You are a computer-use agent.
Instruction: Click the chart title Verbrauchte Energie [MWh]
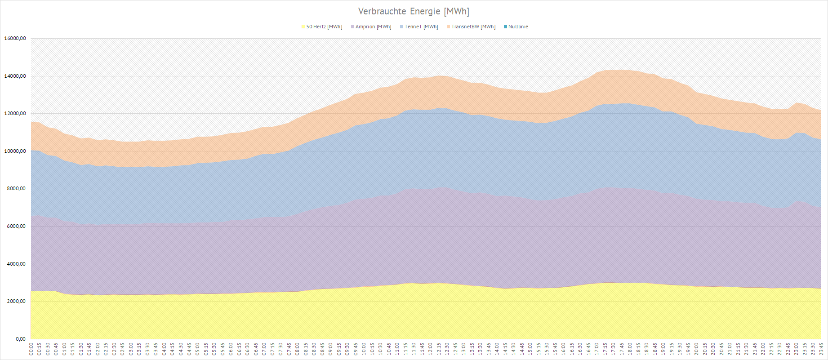point(414,11)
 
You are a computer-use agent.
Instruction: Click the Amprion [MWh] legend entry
point(373,27)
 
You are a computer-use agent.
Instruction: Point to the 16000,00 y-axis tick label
point(15,39)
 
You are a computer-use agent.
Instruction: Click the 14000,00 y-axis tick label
point(15,76)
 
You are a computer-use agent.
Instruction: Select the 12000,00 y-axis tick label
point(15,114)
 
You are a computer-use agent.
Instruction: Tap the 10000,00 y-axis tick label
point(15,151)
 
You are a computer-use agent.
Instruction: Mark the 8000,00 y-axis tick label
point(16,189)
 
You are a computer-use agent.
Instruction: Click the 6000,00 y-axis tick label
point(16,227)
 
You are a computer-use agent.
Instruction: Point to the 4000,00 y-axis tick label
point(16,264)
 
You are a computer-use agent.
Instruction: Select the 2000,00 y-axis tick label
point(16,302)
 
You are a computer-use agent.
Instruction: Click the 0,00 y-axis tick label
point(20,339)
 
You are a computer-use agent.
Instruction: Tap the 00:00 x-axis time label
point(31,349)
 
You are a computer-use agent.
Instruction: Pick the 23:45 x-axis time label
point(821,349)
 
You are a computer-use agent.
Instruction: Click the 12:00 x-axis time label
point(431,349)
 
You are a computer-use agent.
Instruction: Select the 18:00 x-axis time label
point(630,349)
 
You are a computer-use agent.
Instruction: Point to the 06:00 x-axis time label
point(231,349)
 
